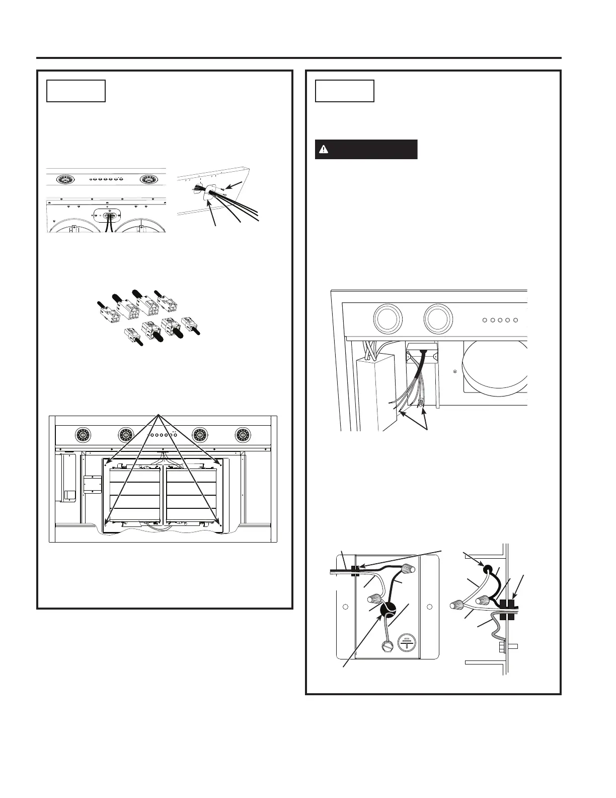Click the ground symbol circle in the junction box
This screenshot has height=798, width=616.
[x=407, y=644]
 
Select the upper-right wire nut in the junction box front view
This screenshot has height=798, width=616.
[x=409, y=570]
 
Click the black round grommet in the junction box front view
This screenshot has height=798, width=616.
[x=387, y=611]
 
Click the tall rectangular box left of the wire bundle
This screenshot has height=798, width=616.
[x=374, y=393]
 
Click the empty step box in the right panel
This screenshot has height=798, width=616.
[x=344, y=91]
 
